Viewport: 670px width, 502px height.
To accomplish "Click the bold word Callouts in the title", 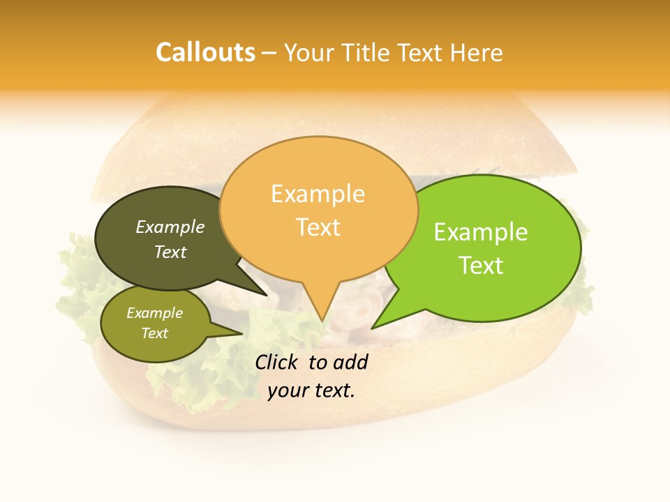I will click(205, 52).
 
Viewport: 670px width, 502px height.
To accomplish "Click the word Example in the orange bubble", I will click(318, 194).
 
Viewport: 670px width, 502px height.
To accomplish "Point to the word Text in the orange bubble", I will click(318, 227).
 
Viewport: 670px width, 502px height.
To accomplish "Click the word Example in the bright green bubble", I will click(481, 232).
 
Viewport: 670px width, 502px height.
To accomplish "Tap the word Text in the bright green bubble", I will click(481, 266).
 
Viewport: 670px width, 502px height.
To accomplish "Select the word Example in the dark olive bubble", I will click(170, 227).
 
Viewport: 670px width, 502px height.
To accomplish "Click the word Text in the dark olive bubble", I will click(170, 252).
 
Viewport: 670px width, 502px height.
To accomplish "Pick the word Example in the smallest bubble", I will click(155, 313).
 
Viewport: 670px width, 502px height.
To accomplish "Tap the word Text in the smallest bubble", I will click(155, 333).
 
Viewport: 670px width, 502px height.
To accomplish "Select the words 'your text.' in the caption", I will click(311, 390).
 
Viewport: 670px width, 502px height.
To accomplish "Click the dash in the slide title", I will click(269, 53).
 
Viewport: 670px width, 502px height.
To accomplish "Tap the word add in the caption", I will click(350, 362).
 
